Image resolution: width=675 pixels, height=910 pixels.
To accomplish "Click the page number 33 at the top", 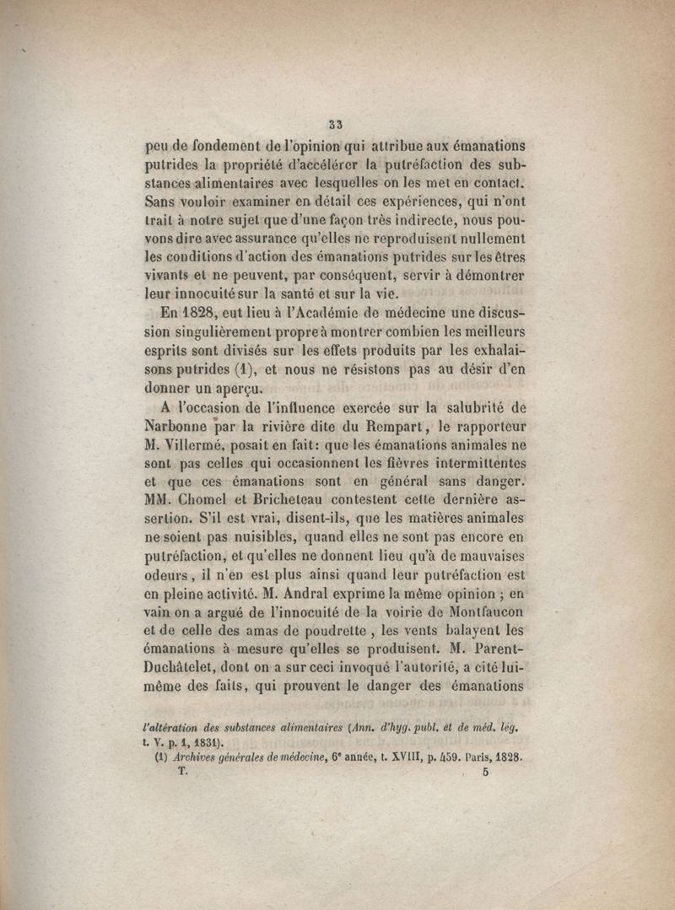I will pos(336,123).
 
